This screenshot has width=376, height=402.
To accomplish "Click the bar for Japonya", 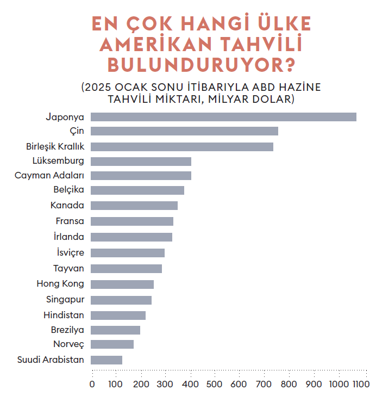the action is [223, 117].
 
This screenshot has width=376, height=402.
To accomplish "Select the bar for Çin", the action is [184, 131].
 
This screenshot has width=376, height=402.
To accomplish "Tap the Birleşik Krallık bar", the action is [182, 147].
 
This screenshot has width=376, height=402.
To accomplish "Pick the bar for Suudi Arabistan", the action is [106, 360].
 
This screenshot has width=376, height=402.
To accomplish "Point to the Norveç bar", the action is [112, 344].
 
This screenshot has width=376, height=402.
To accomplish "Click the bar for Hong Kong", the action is [122, 285].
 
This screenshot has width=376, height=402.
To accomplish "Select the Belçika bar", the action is [137, 190].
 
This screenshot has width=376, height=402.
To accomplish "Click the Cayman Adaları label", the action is [49, 175].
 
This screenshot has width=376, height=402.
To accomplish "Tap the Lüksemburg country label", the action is [58, 161].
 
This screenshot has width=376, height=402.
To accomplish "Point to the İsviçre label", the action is [71, 252].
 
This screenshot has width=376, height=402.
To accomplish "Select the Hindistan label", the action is [64, 315].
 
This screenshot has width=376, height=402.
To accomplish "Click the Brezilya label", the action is [67, 330].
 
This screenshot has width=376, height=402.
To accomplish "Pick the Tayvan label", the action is [68, 268].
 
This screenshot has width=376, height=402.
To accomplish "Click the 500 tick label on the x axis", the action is [215, 384].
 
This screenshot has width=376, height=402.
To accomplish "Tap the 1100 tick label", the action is [361, 384].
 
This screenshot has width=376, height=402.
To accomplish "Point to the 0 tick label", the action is [92, 384].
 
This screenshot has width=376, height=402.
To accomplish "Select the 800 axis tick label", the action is [289, 384].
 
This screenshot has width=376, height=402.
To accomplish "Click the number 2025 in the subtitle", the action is [98, 87].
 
